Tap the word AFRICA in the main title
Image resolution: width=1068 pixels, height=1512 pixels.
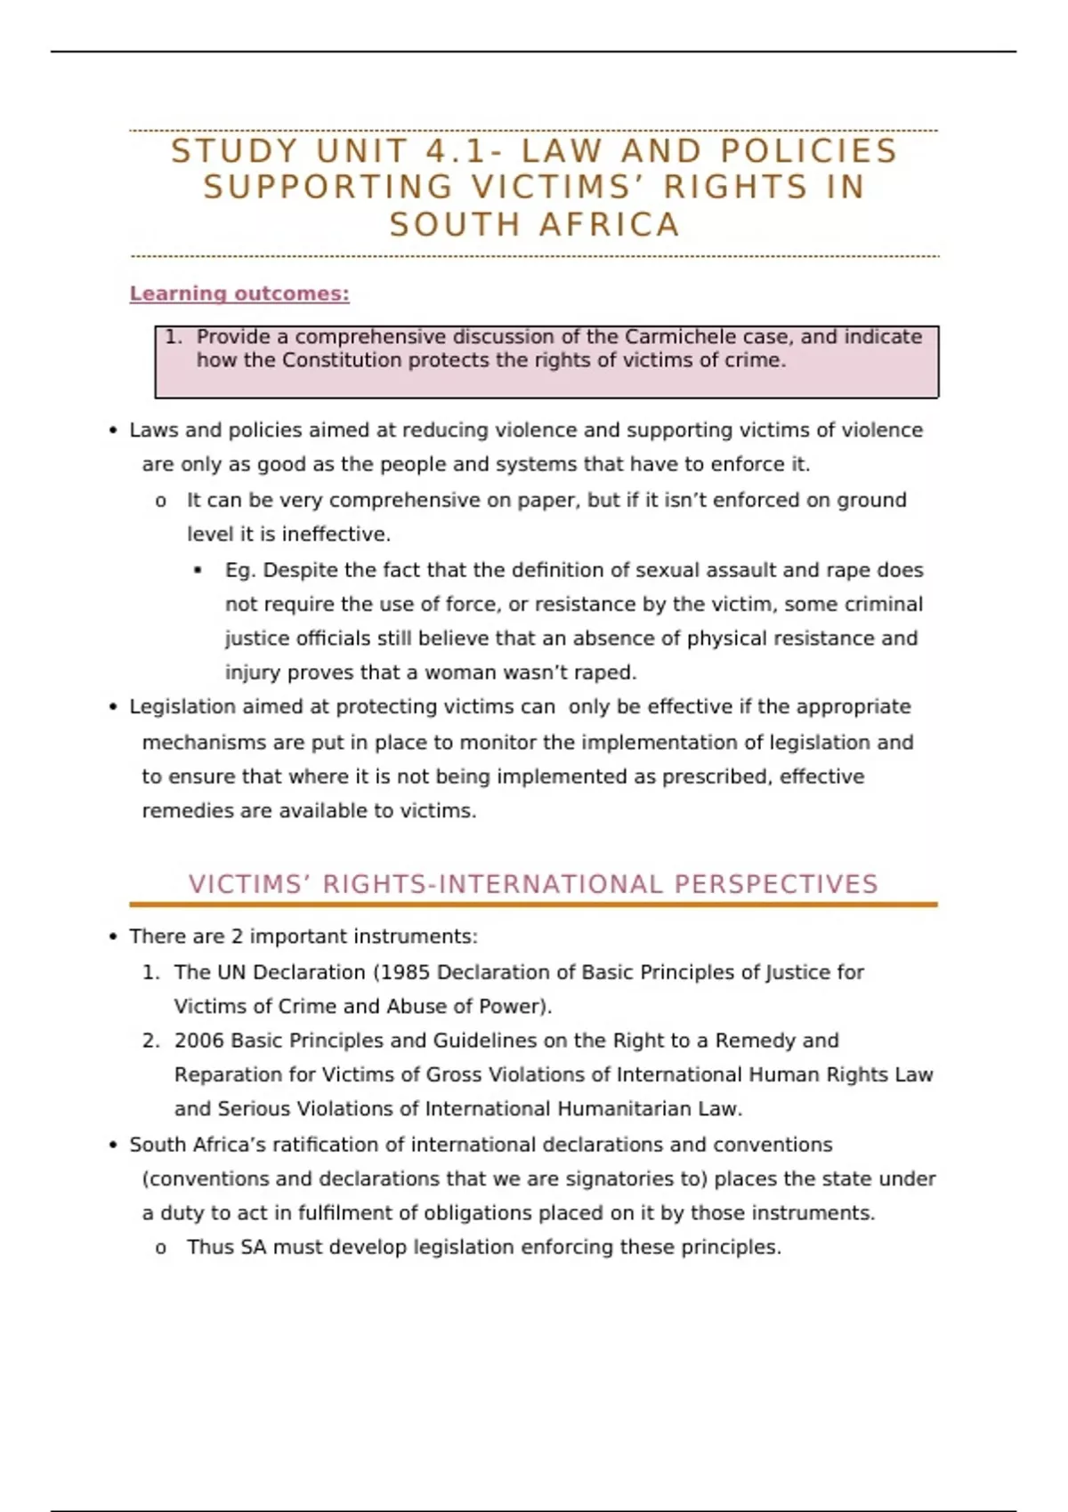pos(610,225)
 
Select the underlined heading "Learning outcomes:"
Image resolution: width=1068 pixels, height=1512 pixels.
pos(239,294)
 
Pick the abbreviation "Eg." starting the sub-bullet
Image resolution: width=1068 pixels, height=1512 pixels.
pos(240,570)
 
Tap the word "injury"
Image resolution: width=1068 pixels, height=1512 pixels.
pos(252,672)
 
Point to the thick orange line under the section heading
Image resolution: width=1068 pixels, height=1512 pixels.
pos(533,905)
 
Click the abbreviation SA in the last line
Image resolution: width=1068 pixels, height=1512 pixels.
pos(253,1248)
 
